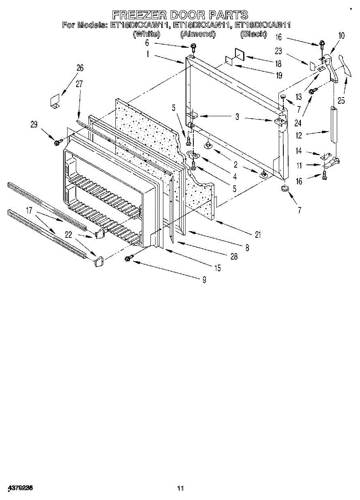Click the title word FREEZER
pyautogui.click(x=137, y=15)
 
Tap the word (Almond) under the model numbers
pyautogui.click(x=197, y=34)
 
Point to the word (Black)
pyautogui.click(x=253, y=34)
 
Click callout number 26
pyautogui.click(x=80, y=68)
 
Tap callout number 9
pyautogui.click(x=204, y=280)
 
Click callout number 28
pyautogui.click(x=234, y=257)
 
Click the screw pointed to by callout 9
pyautogui.click(x=128, y=259)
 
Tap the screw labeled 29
pyautogui.click(x=57, y=142)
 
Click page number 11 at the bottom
pyautogui.click(x=180, y=488)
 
